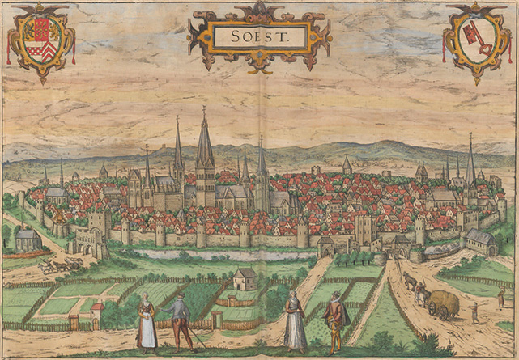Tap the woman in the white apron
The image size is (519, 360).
point(147,322)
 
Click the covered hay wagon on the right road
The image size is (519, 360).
point(442,303)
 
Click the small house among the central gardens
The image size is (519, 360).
point(245,280)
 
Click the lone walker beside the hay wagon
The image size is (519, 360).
point(474,311)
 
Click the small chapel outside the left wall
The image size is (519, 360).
point(28,239)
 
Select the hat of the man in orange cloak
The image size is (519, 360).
point(334,294)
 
